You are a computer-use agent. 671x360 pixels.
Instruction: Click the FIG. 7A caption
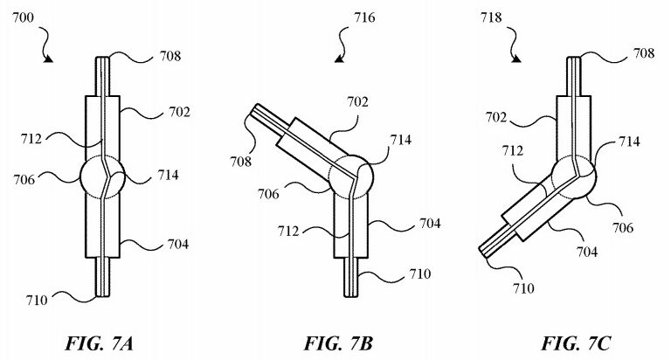[x=99, y=343]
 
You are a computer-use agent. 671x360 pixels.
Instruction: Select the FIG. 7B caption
[x=338, y=343]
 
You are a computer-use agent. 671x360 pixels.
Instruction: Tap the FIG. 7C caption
[x=576, y=343]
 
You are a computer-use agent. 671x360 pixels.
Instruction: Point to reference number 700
[x=23, y=18]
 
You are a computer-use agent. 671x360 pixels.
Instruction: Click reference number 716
[x=364, y=17]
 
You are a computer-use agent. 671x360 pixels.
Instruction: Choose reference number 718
[x=490, y=17]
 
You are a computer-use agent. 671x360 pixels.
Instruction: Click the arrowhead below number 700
[x=49, y=59]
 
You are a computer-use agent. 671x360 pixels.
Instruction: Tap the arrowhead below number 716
[x=340, y=59]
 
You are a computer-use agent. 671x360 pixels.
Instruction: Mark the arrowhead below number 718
[x=517, y=59]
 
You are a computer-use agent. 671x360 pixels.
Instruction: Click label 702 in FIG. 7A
[x=179, y=112]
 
